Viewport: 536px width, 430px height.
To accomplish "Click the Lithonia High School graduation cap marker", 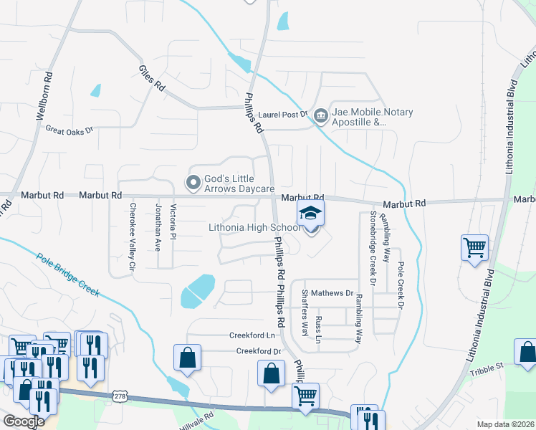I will point(310,214).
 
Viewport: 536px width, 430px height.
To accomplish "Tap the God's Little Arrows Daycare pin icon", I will point(193,183).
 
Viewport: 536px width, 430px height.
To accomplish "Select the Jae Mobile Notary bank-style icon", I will point(320,115).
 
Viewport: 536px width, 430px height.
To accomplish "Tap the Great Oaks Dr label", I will point(70,130).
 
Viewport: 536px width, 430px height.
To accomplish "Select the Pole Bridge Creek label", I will point(67,275).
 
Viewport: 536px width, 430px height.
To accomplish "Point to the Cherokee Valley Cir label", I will point(132,236).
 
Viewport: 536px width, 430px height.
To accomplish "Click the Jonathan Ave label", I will point(158,226).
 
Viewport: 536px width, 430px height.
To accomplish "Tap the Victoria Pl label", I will point(173,222).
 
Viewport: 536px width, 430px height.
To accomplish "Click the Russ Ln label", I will point(319,329).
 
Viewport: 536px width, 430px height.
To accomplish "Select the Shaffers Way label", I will point(305,313).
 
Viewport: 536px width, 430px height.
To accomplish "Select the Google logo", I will point(24,421).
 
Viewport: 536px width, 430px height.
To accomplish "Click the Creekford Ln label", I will point(252,335).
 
